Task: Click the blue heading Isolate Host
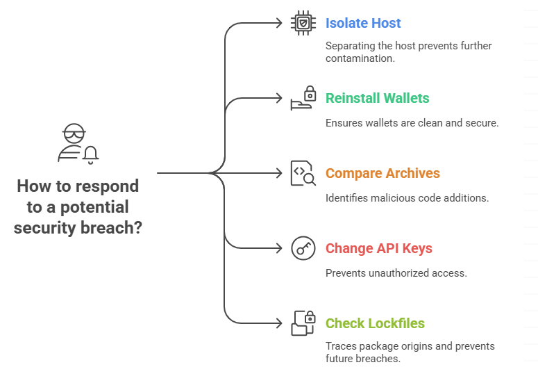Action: tap(363, 23)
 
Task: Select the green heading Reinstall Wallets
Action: tap(377, 98)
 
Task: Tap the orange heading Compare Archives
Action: tap(383, 173)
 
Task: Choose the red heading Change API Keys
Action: tap(378, 248)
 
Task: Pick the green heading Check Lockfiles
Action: tap(375, 323)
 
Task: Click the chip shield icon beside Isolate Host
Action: tap(303, 23)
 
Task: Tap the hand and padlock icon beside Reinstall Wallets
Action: tap(303, 99)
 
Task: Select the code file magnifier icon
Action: tap(303, 173)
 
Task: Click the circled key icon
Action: tap(303, 248)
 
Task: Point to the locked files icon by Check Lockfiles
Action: tap(303, 323)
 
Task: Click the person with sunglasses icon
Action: tap(74, 143)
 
